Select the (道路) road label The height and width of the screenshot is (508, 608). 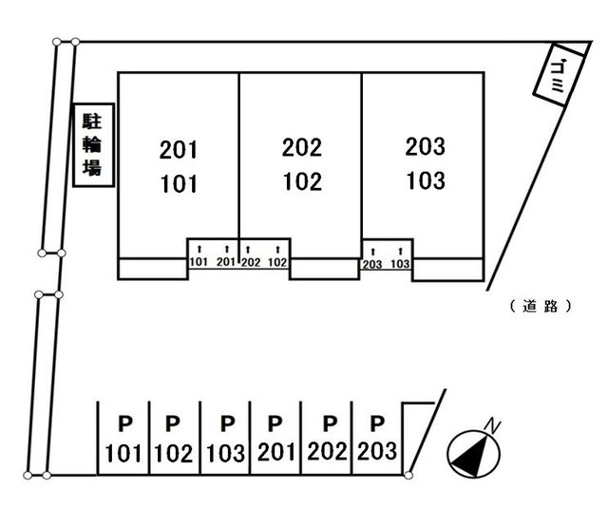pos(540,306)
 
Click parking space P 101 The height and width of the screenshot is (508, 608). pos(123,438)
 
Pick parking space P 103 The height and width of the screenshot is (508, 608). pos(225,438)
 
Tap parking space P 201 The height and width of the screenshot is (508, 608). pos(275,438)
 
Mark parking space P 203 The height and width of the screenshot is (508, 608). pos(377,438)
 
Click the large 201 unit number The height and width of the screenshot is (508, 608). pos(179,149)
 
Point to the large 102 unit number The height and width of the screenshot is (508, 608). pos(302,181)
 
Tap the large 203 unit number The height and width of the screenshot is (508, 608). pos(425,147)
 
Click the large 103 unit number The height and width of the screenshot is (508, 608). pos(425,179)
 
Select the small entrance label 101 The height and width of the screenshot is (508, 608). pos(199,262)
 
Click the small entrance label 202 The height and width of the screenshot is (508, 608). pos(251,262)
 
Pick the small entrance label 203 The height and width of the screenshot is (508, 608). pos(372,264)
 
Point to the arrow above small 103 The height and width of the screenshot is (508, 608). pos(401,252)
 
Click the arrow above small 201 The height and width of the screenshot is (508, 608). pos(225,250)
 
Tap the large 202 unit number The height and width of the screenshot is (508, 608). pos(302,148)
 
